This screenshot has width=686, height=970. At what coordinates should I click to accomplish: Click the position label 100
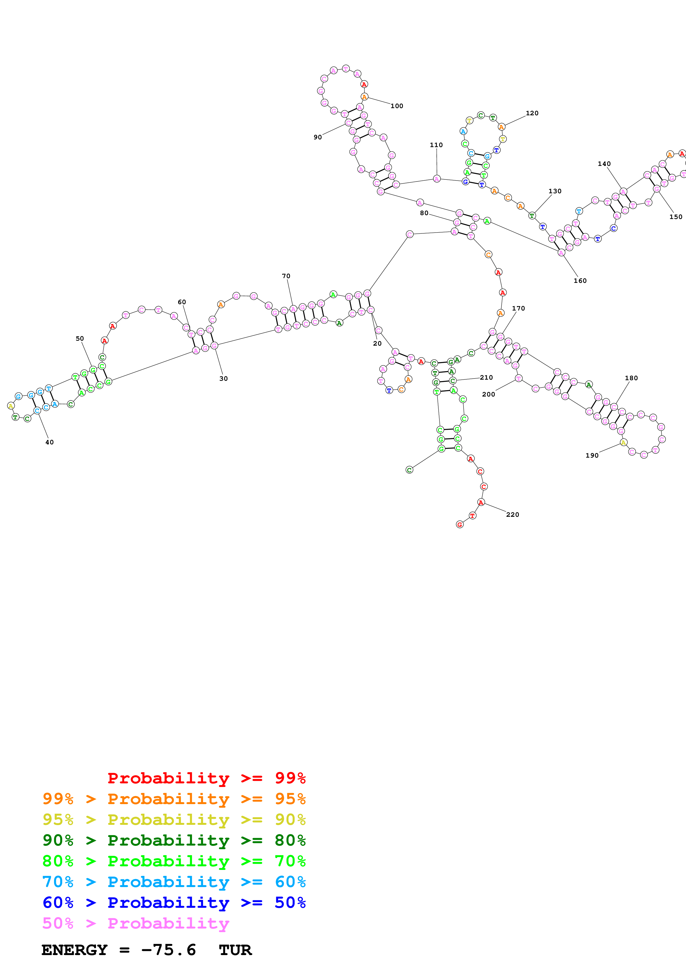[x=397, y=106]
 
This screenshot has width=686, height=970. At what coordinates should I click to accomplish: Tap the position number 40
[x=50, y=442]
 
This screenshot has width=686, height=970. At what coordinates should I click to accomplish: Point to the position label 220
[x=512, y=515]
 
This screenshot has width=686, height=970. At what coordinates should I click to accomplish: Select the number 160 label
[x=580, y=281]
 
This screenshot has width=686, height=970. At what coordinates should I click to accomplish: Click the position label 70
[x=286, y=276]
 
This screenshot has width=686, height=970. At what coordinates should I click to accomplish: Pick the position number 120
[x=532, y=113]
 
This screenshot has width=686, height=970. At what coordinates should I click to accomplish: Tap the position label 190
[x=592, y=455]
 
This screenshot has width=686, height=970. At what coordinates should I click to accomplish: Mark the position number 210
[x=486, y=377]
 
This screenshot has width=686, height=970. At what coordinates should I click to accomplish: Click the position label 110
[x=436, y=145]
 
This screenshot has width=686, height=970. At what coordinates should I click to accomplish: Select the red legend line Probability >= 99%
[x=206, y=778]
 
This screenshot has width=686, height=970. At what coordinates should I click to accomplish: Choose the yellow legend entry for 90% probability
[x=174, y=819]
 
